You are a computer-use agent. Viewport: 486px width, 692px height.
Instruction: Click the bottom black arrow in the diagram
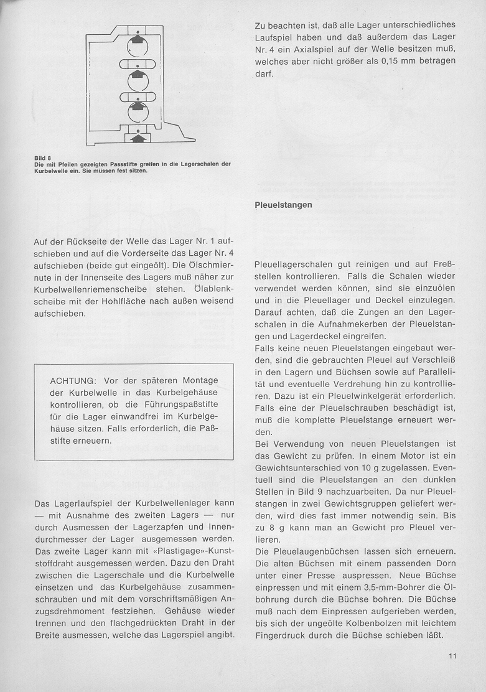point(138,136)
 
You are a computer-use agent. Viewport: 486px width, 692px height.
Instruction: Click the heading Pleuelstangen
point(284,204)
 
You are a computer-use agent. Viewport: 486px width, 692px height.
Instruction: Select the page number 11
point(452,655)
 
